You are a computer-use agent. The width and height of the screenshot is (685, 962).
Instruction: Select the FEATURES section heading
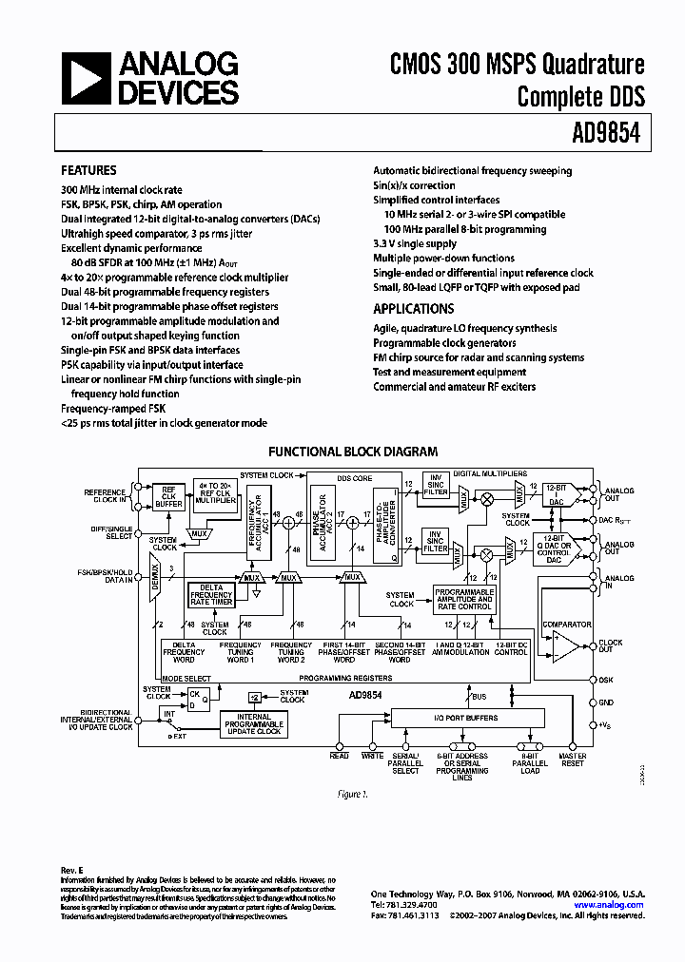88,171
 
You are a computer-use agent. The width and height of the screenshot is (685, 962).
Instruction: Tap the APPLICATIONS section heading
413,309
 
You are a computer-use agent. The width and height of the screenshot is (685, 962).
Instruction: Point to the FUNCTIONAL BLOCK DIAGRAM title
353,452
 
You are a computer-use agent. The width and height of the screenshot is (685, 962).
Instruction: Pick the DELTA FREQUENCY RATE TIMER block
210,594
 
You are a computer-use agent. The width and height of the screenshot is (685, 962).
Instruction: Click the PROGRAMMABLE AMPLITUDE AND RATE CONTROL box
464,600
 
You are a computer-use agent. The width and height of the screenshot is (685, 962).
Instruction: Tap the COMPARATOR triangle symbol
568,645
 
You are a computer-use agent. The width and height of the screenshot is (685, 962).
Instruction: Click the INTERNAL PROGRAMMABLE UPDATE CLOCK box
254,725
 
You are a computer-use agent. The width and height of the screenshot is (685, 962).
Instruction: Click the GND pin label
606,702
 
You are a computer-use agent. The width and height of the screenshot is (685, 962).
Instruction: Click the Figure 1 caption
354,793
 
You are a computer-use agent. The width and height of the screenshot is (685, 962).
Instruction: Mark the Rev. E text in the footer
72,871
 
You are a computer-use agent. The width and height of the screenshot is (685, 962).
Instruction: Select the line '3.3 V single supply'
414,243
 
